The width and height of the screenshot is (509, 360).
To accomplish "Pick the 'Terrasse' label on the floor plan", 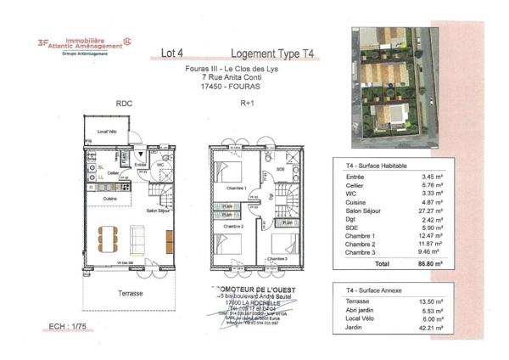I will pyautogui.click(x=129, y=293).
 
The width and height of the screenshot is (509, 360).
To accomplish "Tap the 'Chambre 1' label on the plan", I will pyautogui.click(x=234, y=188).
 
